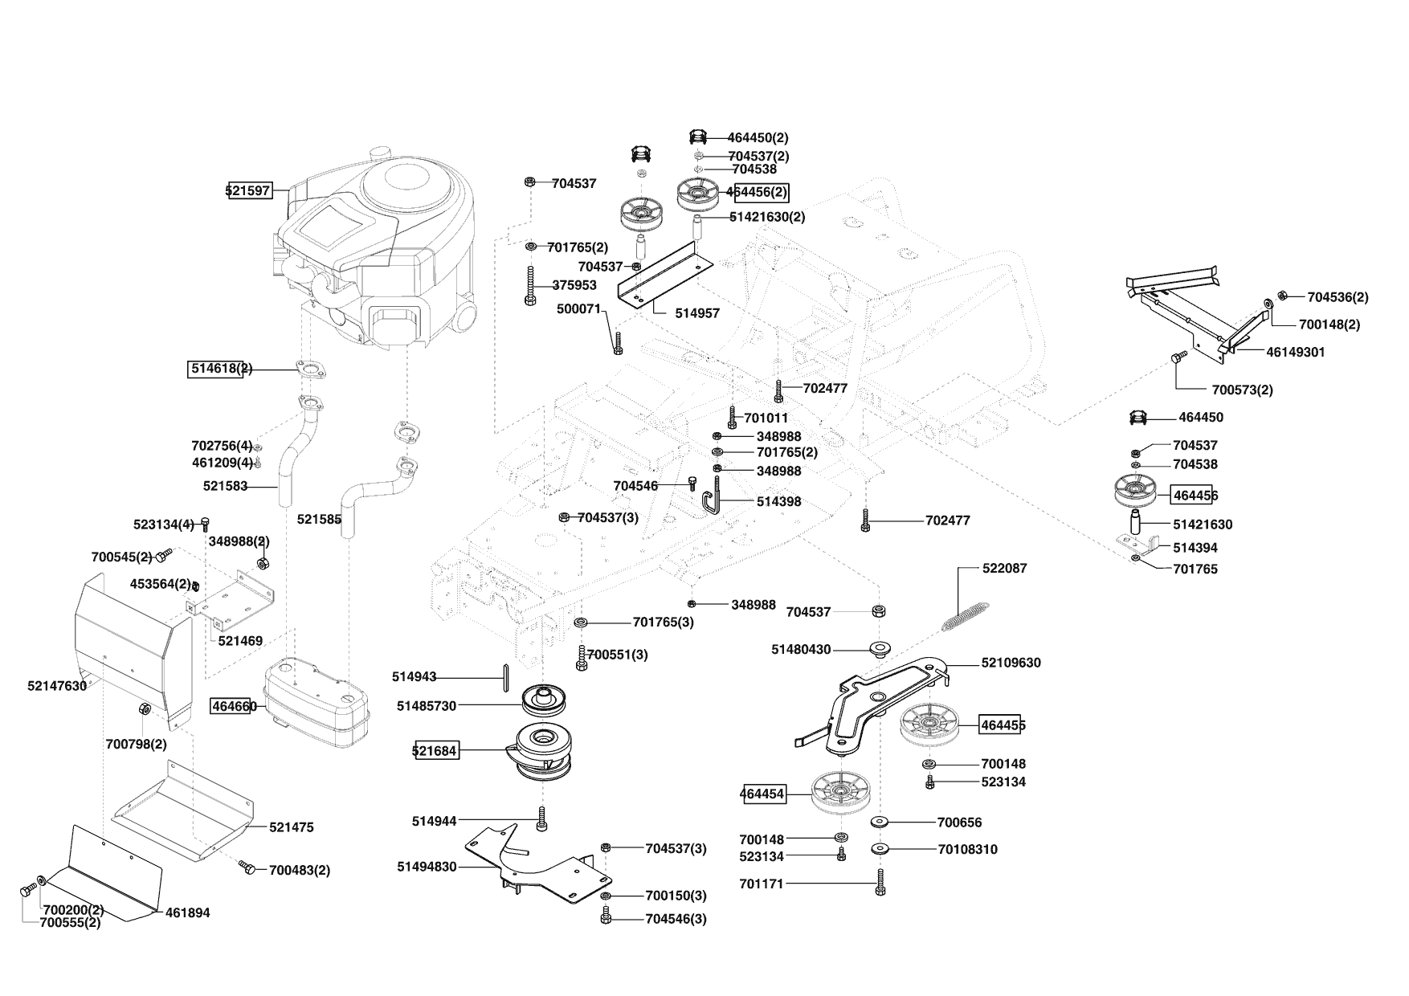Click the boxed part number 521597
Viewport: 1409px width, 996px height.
pyautogui.click(x=249, y=191)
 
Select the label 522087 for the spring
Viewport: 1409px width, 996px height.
pyautogui.click(x=1004, y=568)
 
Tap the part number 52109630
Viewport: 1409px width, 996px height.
pyautogui.click(x=1011, y=663)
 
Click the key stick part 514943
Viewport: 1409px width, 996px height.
pyautogui.click(x=504, y=677)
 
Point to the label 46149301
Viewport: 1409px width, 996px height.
pyautogui.click(x=1295, y=352)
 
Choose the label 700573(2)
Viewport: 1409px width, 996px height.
pyautogui.click(x=1242, y=390)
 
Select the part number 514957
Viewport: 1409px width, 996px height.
pyautogui.click(x=696, y=313)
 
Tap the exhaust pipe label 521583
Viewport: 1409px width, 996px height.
pyautogui.click(x=225, y=486)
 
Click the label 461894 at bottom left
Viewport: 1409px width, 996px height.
pyautogui.click(x=187, y=912)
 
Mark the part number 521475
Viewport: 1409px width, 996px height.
pyautogui.click(x=291, y=827)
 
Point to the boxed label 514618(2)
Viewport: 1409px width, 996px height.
pyautogui.click(x=215, y=369)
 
